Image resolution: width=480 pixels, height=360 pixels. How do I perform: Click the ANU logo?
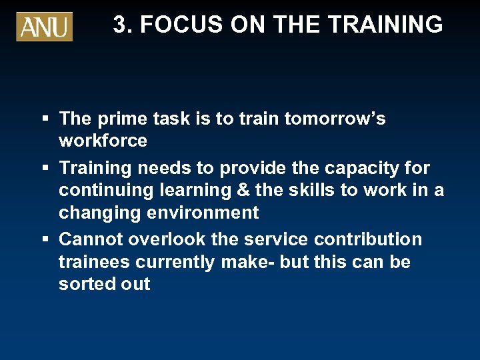tap(44, 27)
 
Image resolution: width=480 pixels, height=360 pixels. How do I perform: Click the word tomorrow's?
tap(335, 119)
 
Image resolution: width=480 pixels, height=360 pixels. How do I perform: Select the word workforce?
tap(103, 141)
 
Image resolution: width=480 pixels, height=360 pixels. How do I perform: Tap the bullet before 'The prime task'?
tap(45, 119)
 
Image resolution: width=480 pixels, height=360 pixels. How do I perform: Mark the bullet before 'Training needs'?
tap(45, 169)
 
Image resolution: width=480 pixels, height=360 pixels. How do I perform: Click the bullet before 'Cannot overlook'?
tap(45, 240)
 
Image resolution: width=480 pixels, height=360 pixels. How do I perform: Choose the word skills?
tap(311, 190)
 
